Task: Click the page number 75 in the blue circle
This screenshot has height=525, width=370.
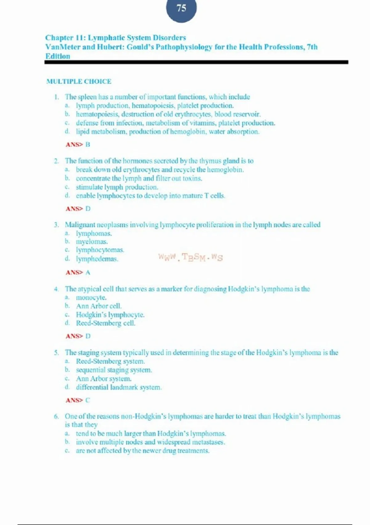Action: [181, 8]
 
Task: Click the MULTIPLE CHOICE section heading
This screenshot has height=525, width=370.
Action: [79, 82]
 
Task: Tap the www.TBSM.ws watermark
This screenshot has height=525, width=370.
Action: [190, 257]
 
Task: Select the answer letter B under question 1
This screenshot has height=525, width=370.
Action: [88, 145]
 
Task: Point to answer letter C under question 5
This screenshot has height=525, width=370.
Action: [88, 400]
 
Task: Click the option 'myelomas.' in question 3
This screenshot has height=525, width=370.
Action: [92, 242]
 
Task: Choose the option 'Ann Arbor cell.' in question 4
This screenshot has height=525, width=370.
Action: [99, 306]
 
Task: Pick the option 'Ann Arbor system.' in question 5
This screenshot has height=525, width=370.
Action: [104, 379]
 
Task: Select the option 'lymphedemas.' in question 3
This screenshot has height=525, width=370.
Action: [97, 259]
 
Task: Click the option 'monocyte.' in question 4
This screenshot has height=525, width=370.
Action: [91, 298]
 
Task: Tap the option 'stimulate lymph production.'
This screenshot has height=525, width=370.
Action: [117, 187]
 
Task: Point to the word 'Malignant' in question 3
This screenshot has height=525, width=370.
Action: [80, 225]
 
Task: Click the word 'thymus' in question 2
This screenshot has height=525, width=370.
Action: [210, 161]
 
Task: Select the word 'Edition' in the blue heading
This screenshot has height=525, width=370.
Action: [58, 56]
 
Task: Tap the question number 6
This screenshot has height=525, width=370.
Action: [56, 417]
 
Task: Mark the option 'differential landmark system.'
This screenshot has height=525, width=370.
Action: [119, 387]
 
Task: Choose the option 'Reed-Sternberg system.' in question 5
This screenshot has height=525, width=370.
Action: [110, 361]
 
